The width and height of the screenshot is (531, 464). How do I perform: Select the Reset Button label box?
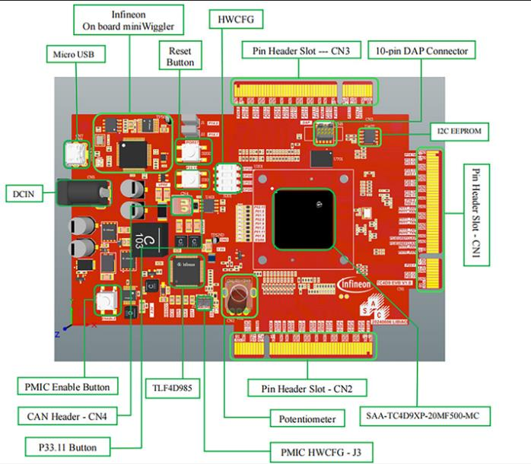(x=180, y=56)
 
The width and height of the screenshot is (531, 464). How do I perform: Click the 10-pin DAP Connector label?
(x=421, y=51)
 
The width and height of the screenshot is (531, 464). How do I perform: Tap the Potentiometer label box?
(x=303, y=418)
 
